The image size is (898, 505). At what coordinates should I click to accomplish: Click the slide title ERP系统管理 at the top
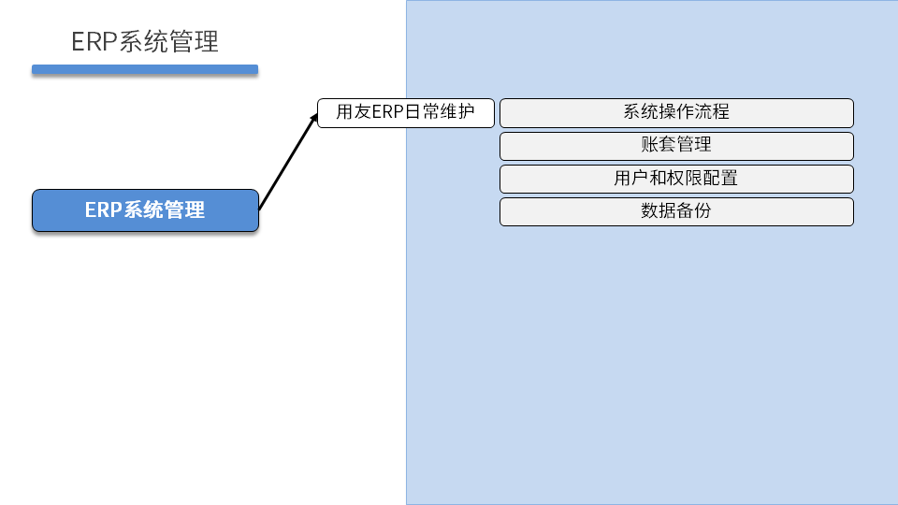coord(145,42)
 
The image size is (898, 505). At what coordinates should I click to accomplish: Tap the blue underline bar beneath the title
coord(145,69)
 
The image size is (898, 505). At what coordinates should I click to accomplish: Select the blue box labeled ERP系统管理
coord(145,210)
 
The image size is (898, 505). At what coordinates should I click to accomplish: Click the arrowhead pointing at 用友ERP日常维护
coord(314,117)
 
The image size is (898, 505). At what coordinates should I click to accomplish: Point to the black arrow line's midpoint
coord(288,161)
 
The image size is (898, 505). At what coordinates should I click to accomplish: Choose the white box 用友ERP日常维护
coord(405,113)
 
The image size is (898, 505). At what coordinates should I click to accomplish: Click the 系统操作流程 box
coord(676,112)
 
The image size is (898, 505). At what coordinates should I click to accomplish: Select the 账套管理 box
coord(676,145)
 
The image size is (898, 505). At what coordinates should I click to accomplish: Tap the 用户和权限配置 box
coord(676,179)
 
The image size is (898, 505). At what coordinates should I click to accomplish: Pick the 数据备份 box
coord(676,211)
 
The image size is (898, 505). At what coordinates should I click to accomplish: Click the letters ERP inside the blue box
coord(103,210)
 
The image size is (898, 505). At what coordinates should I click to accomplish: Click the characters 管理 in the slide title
coord(195,42)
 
